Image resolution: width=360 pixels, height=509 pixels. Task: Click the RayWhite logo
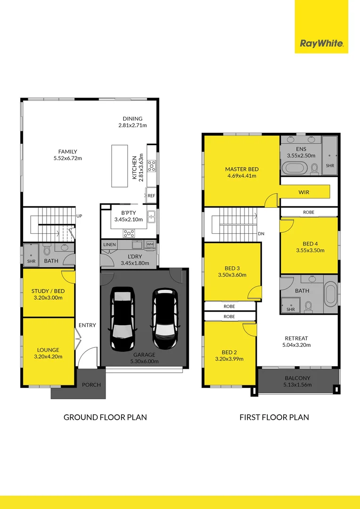[321, 44]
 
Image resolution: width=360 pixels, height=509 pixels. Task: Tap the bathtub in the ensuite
[295, 168]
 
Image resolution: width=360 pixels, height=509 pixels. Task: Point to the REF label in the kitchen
[151, 195]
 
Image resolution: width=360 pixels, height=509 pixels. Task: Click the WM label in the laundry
[150, 244]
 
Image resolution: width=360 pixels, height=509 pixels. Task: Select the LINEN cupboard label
[109, 245]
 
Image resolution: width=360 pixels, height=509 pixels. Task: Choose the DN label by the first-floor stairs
[261, 234]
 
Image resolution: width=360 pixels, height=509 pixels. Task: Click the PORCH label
[91, 385]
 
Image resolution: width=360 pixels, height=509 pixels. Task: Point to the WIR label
[304, 192]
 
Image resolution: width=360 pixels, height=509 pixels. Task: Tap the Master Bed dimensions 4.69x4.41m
[241, 176]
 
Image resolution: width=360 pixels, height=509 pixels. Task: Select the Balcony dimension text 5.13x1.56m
[298, 385]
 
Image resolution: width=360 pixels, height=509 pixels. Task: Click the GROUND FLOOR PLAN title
[105, 417]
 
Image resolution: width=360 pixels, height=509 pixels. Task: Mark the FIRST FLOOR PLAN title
[274, 417]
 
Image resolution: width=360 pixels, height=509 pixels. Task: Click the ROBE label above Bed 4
[309, 213]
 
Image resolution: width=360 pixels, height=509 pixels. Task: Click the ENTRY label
[87, 325]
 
